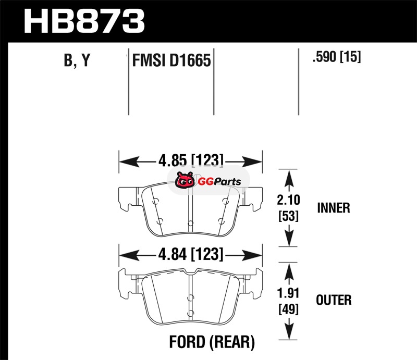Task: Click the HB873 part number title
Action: (x=84, y=21)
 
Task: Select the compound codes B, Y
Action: (x=77, y=60)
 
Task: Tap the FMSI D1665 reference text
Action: (x=171, y=60)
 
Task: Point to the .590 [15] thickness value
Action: (x=337, y=56)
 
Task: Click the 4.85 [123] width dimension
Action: (x=191, y=160)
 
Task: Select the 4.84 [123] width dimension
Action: (x=191, y=254)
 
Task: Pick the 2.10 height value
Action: (x=289, y=200)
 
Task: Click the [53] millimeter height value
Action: (x=289, y=216)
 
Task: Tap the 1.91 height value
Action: (x=288, y=293)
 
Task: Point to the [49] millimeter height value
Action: (x=289, y=309)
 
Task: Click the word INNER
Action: (x=334, y=208)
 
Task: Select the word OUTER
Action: (x=334, y=300)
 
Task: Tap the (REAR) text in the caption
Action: (x=232, y=342)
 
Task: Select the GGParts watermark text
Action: (x=219, y=182)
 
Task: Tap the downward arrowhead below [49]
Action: (x=289, y=330)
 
